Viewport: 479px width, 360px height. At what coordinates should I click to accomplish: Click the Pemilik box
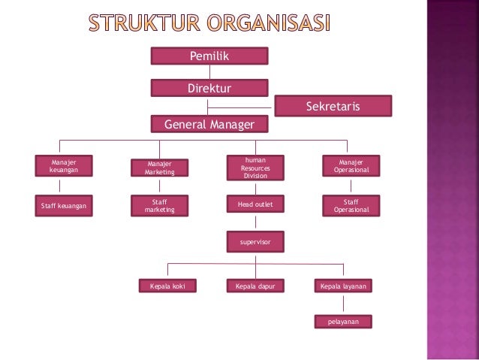pyautogui.click(x=209, y=56)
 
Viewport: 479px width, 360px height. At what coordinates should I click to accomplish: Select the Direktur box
pyautogui.click(x=209, y=89)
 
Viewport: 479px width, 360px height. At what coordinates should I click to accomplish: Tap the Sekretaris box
pyautogui.click(x=333, y=107)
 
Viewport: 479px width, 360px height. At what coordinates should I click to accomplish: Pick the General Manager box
pyautogui.click(x=209, y=124)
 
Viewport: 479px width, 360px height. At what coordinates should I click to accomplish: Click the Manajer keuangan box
pyautogui.click(x=63, y=165)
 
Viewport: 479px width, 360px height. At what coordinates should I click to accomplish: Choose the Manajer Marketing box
pyautogui.click(x=159, y=168)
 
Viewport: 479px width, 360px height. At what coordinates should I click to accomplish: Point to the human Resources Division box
pyautogui.click(x=255, y=168)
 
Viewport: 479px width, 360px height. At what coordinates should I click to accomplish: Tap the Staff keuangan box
pyautogui.click(x=63, y=205)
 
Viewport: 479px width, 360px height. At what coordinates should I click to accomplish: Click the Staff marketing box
pyautogui.click(x=159, y=205)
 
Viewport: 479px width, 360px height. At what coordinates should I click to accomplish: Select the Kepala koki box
pyautogui.click(x=167, y=286)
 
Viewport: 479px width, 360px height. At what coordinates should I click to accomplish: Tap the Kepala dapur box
pyautogui.click(x=255, y=286)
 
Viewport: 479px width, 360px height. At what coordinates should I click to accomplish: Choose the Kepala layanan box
pyautogui.click(x=343, y=286)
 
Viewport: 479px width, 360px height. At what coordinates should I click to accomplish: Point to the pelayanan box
pyautogui.click(x=343, y=322)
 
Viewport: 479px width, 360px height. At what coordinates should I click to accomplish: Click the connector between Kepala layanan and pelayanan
pyautogui.click(x=343, y=304)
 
